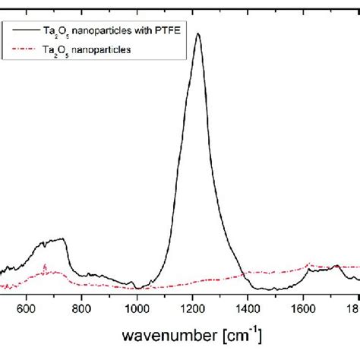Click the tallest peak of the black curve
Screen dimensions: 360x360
click(198, 34)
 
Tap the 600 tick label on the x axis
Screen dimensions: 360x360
click(27, 308)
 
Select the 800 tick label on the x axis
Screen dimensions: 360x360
click(82, 308)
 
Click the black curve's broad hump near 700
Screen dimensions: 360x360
click(53, 242)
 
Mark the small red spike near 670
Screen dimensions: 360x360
click(46, 266)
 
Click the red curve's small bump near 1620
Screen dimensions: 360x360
click(308, 265)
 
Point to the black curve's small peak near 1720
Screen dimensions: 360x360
click(336, 266)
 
